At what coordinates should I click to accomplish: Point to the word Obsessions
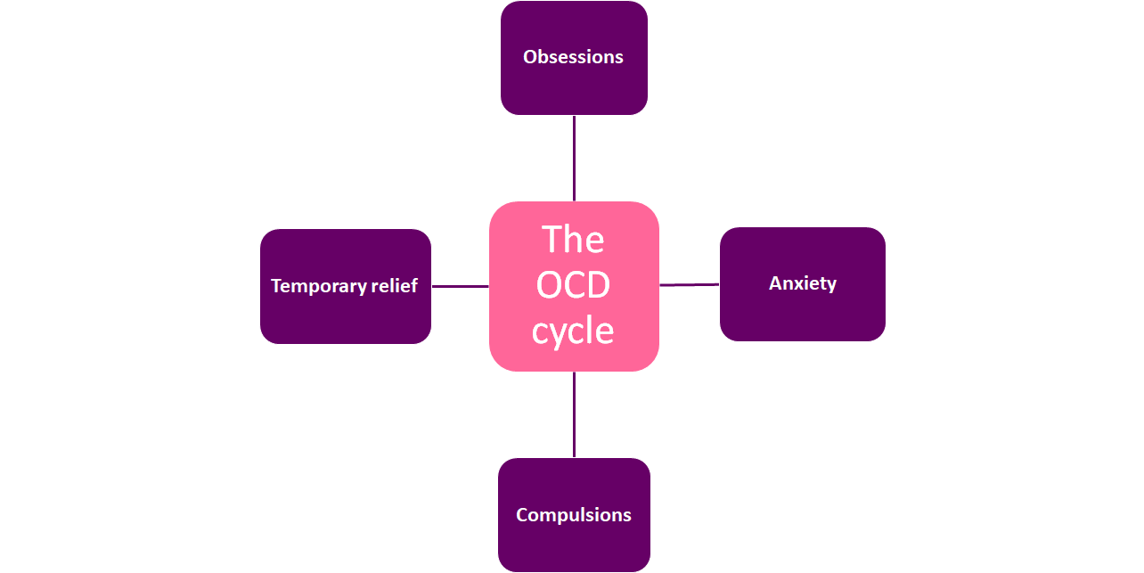tap(573, 57)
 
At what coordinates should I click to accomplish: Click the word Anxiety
tap(803, 283)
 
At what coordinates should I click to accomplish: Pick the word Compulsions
tap(574, 515)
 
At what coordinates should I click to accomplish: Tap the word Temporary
tap(318, 286)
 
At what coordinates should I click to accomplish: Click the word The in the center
tap(573, 240)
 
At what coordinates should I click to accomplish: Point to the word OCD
tap(573, 286)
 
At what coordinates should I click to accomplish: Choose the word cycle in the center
tap(573, 331)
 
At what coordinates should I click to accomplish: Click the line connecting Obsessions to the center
tap(574, 158)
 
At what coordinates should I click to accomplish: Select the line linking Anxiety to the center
tap(689, 285)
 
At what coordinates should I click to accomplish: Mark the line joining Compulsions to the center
tap(574, 414)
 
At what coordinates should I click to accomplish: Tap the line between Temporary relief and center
tap(460, 286)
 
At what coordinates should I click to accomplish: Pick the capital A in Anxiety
tap(774, 283)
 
